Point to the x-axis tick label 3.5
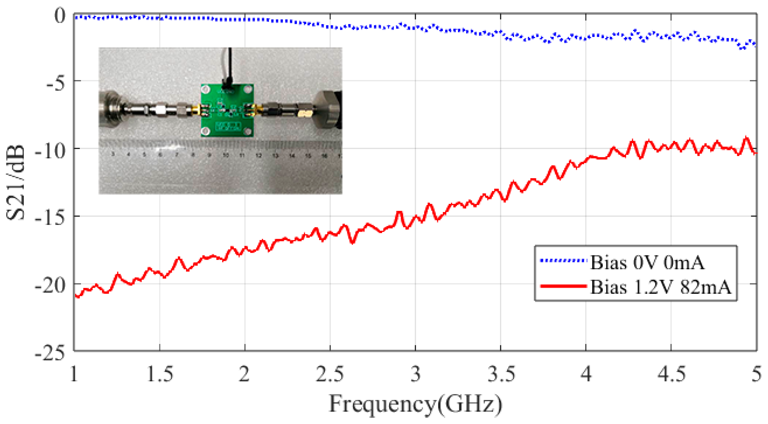coord(501,375)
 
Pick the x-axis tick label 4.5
coord(672,375)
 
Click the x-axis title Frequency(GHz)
coord(415,404)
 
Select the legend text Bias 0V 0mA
coord(647,263)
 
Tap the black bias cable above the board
coord(229,66)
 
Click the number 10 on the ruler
coord(226,155)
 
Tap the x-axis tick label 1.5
coord(160,375)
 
